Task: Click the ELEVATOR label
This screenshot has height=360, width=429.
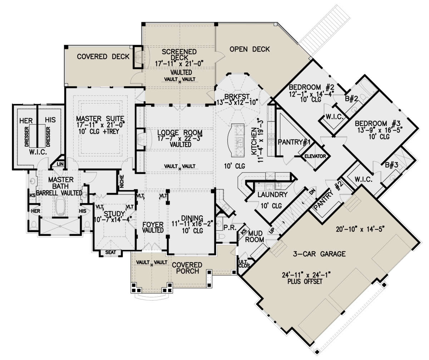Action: click(x=315, y=156)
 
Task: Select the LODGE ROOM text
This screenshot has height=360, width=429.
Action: click(x=175, y=132)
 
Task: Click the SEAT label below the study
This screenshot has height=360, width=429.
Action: click(x=110, y=253)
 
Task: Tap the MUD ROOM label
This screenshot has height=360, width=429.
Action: click(x=257, y=236)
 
